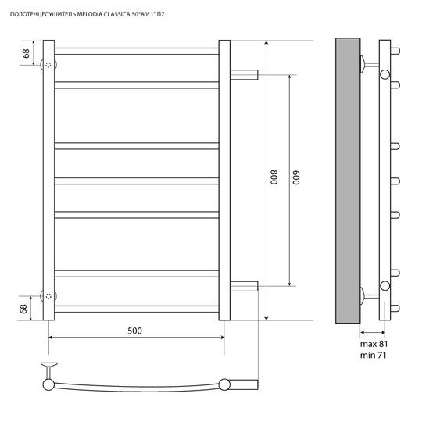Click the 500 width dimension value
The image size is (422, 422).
134,331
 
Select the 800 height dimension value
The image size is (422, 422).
274,177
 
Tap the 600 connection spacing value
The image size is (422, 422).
296,177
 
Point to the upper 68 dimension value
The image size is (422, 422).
26,53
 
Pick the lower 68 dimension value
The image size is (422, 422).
23,309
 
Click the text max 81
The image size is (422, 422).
374,344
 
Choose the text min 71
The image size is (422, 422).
373,356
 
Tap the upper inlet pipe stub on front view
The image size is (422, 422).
244,74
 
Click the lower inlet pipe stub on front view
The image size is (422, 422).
244,286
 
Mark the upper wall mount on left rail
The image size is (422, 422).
48,65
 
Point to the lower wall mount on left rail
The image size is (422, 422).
48,296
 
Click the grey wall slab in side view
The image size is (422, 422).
348,181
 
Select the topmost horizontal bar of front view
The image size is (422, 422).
137,51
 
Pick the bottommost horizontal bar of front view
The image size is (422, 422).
137,309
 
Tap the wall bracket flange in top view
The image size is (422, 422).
49,365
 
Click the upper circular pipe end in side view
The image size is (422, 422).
384,74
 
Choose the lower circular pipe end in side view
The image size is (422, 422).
384,286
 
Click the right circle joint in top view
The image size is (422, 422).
224,384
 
